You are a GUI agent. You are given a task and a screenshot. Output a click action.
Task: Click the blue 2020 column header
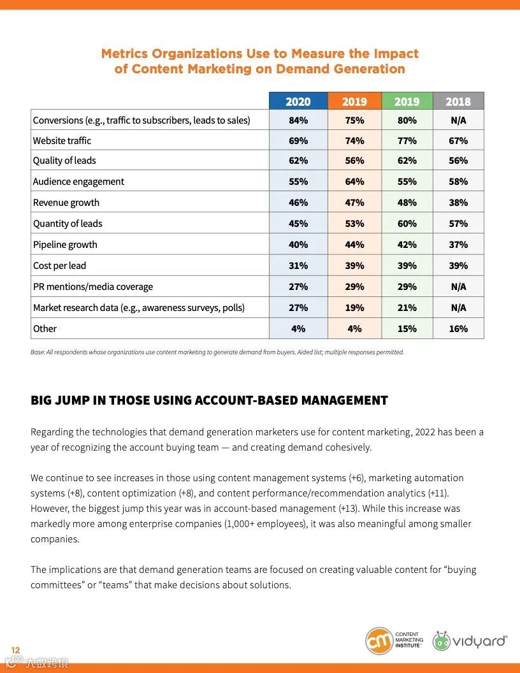(298, 101)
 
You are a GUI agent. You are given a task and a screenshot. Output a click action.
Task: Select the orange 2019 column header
(354, 101)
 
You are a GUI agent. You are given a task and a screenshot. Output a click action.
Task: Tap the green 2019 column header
(407, 101)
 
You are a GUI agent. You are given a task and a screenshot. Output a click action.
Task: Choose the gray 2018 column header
(458, 101)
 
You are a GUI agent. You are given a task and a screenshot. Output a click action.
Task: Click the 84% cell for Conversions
(298, 120)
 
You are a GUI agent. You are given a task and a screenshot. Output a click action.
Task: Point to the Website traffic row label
(62, 141)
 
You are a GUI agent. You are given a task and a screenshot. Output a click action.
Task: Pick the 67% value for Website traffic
(458, 141)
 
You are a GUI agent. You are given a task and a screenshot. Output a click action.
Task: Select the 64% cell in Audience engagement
(354, 182)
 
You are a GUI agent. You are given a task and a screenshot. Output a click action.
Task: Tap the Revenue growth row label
(66, 203)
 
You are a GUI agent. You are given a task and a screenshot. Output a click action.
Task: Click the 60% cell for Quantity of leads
(407, 224)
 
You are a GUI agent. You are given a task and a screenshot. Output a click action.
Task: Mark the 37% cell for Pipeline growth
(458, 245)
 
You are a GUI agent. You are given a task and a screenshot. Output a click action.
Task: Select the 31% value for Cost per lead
(298, 266)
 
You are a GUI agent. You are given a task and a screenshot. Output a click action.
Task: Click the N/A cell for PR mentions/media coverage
(458, 287)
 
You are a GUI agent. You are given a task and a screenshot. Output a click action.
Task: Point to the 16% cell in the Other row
(458, 329)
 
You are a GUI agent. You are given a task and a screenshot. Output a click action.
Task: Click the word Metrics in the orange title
(127, 54)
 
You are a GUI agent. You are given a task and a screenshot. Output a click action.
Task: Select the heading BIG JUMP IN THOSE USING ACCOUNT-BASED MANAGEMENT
(209, 401)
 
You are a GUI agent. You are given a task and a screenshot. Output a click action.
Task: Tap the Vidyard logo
(470, 640)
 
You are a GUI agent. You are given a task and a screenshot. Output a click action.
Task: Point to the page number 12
(16, 650)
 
